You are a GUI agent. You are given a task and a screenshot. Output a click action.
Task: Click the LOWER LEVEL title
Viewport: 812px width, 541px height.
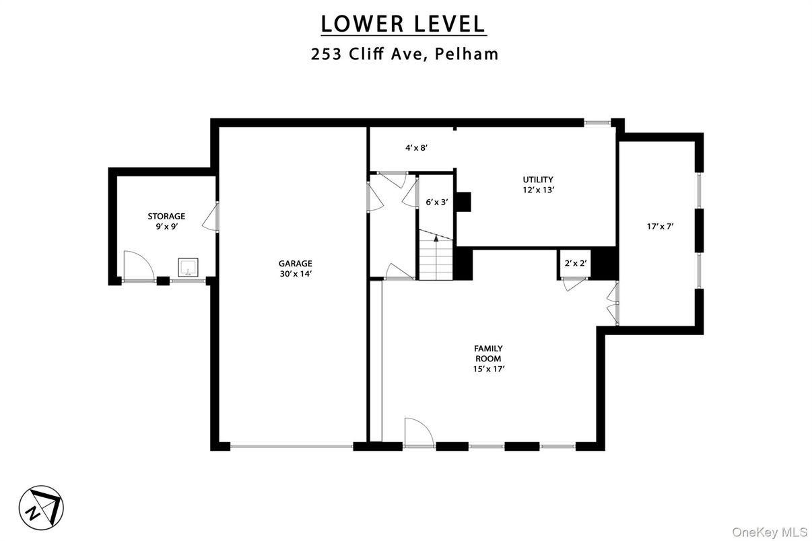pos(403,24)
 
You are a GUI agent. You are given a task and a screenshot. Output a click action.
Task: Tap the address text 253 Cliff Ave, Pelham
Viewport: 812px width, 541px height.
pos(405,55)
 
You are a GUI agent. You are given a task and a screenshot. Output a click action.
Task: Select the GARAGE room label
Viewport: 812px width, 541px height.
pos(296,263)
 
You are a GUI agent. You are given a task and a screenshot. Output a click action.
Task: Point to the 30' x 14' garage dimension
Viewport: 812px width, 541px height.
pos(296,274)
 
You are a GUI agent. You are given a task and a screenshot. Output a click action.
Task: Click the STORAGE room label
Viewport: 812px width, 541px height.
pos(166,216)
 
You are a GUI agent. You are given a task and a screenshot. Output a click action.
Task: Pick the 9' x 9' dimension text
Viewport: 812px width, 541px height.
pos(166,227)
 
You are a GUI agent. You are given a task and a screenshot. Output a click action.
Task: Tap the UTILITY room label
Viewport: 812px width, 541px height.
pos(538,179)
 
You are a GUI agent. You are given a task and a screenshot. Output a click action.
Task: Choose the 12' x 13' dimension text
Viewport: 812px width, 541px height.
pos(538,190)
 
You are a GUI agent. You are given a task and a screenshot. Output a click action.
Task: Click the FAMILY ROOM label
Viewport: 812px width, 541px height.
pos(488,353)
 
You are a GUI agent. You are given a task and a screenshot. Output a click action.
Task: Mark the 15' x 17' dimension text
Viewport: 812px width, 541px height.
pos(488,369)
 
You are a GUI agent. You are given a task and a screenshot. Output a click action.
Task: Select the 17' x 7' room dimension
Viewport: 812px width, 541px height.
pos(660,227)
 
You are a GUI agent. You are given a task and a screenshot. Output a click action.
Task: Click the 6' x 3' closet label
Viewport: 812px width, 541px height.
pos(437,201)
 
